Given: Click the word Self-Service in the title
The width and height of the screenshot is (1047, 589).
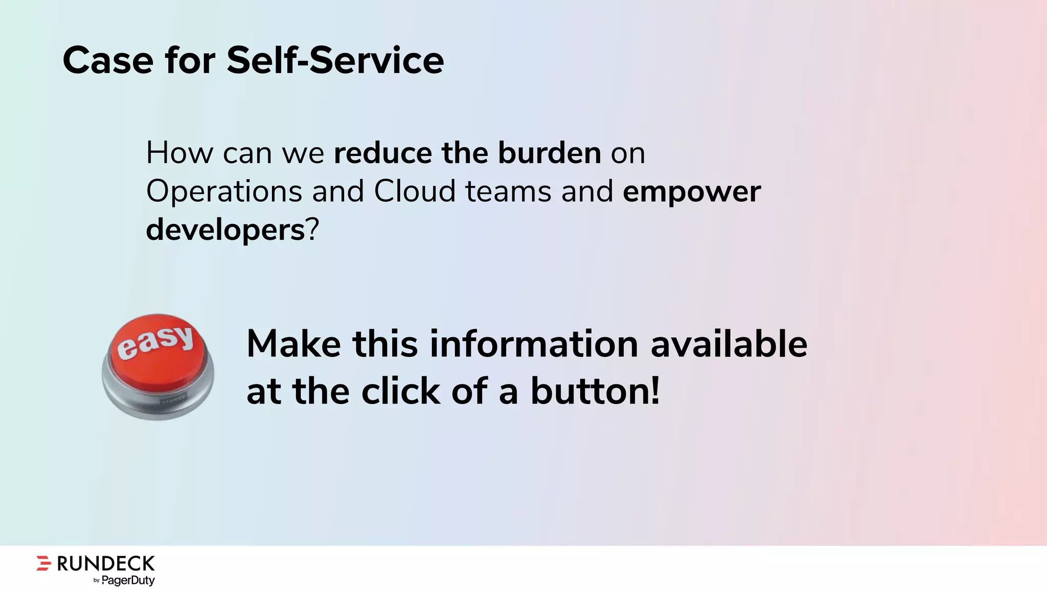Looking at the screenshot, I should point(335,60).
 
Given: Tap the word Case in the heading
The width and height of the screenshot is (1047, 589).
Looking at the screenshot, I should point(108,60).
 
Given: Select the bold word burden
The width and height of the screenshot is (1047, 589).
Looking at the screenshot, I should point(549,153).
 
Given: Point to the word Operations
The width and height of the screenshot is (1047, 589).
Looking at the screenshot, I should point(224,192).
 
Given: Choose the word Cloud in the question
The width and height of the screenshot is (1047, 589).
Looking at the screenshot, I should point(414,191).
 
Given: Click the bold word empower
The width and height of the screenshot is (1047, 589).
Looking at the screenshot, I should point(692,192).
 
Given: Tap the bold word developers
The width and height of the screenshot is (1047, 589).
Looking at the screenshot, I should point(225,230).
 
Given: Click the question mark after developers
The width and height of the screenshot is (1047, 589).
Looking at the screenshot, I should point(312,230).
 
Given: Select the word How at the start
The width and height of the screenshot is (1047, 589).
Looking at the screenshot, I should point(179,153).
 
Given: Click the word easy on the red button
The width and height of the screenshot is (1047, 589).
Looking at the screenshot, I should point(155,342).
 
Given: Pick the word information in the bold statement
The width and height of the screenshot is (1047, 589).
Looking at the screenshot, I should point(534,344).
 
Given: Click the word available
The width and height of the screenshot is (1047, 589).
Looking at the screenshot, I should point(729,344).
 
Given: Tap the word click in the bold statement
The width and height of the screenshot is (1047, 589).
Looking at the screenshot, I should point(400,392).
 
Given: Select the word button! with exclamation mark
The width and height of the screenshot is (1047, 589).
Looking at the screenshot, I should point(595,391).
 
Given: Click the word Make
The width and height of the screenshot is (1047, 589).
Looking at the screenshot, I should point(293,344).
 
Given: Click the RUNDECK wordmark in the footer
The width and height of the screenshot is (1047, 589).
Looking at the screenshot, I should point(105,563).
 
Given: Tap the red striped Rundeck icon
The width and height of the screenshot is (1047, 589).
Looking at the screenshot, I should point(44,563).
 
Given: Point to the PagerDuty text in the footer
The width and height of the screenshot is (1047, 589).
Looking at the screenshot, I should point(128,580).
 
